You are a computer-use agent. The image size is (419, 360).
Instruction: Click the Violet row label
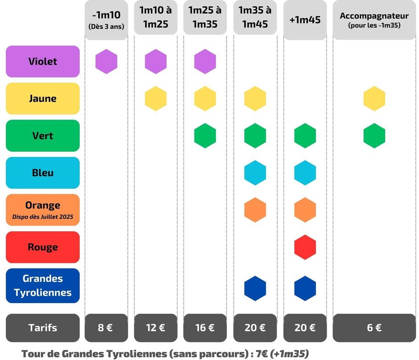(43, 62)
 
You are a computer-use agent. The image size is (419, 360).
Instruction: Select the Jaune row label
(43, 99)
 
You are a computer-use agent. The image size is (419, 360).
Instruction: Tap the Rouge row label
(43, 247)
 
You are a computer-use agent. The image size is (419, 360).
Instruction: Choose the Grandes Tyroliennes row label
(43, 286)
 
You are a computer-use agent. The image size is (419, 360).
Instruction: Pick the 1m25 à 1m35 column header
(205, 17)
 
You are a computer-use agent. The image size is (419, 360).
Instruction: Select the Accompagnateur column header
(374, 20)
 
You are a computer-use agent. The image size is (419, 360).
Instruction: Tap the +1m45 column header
(305, 20)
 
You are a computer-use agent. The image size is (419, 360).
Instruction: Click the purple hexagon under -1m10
(106, 62)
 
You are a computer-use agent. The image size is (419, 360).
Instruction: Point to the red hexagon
(305, 247)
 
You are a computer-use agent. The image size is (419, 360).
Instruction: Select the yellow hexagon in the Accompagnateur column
(374, 99)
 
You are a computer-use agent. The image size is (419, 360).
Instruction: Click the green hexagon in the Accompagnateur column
(374, 136)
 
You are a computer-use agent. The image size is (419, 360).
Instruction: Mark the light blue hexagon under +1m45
(305, 173)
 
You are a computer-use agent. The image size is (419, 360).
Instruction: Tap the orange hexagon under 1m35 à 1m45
(255, 210)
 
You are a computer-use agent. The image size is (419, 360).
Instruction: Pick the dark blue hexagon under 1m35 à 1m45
(255, 288)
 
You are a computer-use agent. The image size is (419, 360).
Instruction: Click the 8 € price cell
(106, 328)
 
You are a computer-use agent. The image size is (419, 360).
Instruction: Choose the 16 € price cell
(205, 328)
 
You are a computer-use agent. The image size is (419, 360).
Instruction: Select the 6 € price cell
(374, 328)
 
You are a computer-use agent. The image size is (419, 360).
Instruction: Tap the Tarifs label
(43, 328)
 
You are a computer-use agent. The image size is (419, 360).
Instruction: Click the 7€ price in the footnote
(262, 354)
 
